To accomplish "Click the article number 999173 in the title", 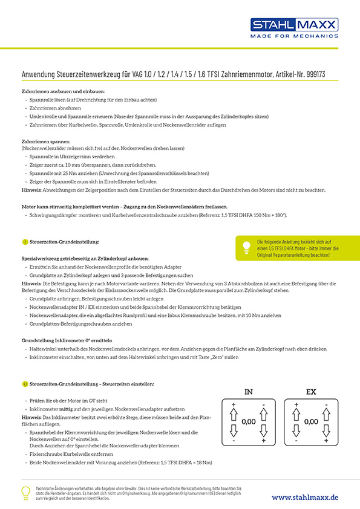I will (x=316, y=74).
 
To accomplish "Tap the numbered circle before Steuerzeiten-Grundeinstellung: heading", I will (x=25, y=242).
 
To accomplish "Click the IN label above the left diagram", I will (x=249, y=393).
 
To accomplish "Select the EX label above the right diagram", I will (x=311, y=393).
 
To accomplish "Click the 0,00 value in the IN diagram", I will (x=249, y=422).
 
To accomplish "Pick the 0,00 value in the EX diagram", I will (x=312, y=422).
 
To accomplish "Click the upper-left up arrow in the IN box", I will (x=233, y=413).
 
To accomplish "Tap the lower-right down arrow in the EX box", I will (x=327, y=431).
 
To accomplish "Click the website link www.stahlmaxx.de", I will (x=304, y=497).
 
